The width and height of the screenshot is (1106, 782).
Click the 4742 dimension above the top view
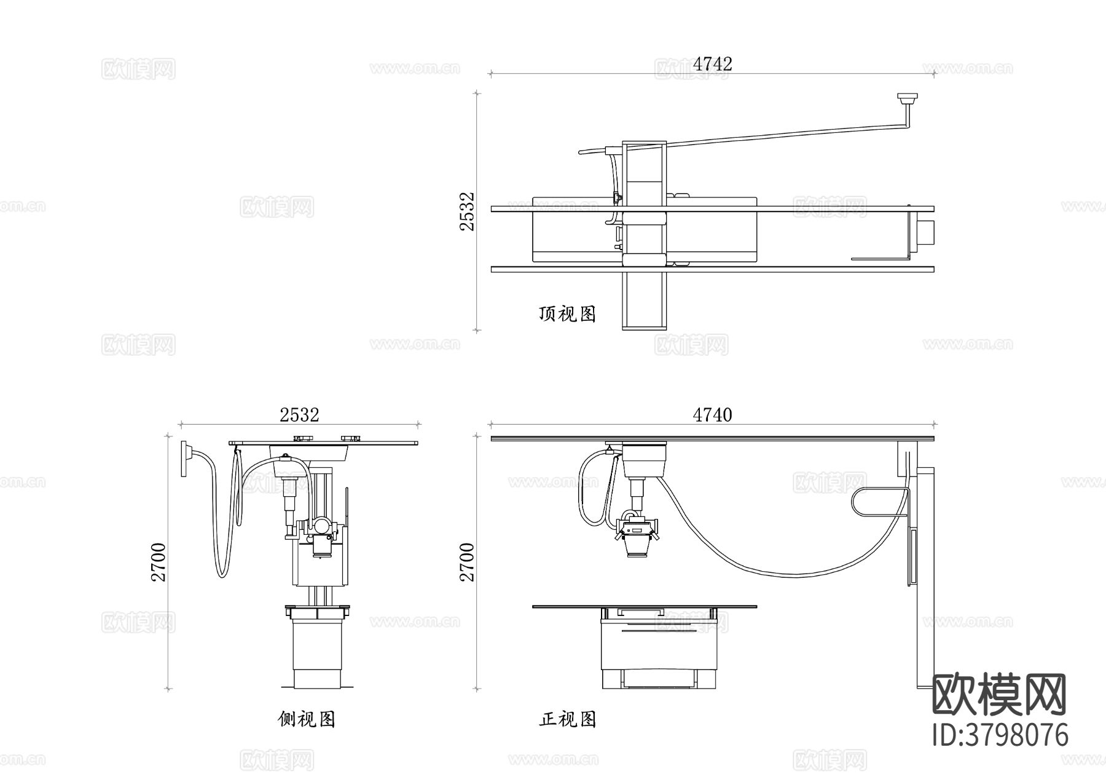(x=712, y=64)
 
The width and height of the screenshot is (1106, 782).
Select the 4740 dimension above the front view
(x=712, y=416)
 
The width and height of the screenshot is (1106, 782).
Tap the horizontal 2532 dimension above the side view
(x=299, y=416)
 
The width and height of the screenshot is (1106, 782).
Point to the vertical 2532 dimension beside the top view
(x=468, y=211)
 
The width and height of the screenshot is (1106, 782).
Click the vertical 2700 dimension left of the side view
(x=159, y=561)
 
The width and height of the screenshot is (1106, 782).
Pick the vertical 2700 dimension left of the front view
(x=468, y=561)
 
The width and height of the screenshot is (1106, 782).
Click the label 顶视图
(x=567, y=314)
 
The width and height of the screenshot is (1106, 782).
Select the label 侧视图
(x=307, y=719)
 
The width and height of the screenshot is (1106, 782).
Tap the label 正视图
(x=568, y=719)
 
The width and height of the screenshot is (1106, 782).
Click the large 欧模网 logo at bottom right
(x=1000, y=695)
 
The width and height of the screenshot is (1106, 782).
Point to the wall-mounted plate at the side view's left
(x=184, y=458)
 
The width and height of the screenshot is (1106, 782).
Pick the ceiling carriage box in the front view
(x=645, y=460)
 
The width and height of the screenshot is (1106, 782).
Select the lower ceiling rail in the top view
(x=713, y=269)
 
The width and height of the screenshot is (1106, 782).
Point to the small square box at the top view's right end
(x=925, y=232)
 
